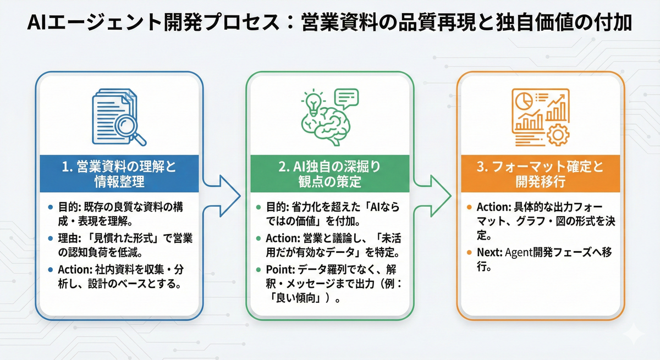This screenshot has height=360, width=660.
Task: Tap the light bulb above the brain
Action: point(312,103)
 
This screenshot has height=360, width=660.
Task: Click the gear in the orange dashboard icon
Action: point(558,135)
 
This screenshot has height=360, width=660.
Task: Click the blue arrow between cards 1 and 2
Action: point(222,196)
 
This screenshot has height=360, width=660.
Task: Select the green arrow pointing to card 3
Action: point(432,196)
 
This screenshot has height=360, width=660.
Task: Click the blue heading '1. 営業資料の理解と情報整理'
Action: point(119,174)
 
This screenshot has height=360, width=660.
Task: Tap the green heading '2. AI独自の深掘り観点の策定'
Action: point(329,174)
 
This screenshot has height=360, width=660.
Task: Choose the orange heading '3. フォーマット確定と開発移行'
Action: point(540,174)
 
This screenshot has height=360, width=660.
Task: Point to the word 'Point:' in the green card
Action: point(280,269)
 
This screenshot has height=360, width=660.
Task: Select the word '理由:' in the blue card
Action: point(69,238)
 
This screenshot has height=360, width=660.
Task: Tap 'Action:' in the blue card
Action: point(75,269)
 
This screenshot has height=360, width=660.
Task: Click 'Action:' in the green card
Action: point(283,238)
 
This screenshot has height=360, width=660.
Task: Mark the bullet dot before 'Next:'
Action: point(469,252)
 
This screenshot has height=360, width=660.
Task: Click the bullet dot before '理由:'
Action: point(51,238)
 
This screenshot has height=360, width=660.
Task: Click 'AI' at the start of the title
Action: point(36,23)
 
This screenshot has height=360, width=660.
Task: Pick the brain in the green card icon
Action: point(326,126)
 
